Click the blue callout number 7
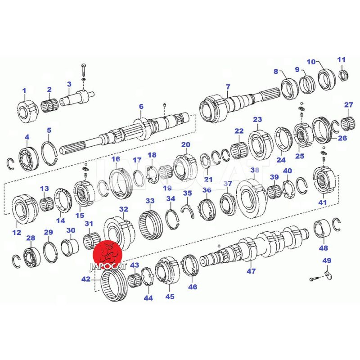pyautogui.click(x=228, y=87)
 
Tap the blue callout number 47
pyautogui.click(x=251, y=271)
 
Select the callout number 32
pyautogui.click(x=123, y=209)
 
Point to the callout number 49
pyautogui.click(x=327, y=261)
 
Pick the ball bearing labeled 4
pyautogui.click(x=28, y=157)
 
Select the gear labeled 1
pyautogui.click(x=27, y=111)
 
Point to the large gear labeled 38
pyautogui.click(x=251, y=198)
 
